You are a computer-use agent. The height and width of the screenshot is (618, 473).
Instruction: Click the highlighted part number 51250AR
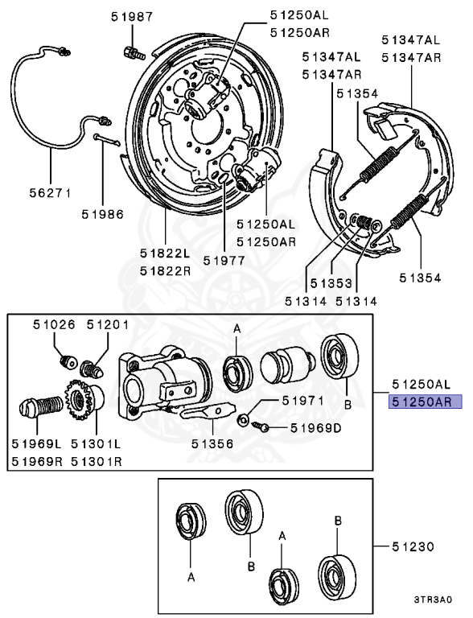point(425,402)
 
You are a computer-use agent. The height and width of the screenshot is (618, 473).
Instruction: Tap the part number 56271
point(51,193)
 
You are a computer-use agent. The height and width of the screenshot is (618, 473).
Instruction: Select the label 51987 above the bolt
point(132,17)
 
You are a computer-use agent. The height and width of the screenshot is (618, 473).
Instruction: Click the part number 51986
point(102,214)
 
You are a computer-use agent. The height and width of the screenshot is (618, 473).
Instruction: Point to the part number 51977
point(224,260)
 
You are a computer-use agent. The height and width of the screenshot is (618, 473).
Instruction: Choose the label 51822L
point(165,253)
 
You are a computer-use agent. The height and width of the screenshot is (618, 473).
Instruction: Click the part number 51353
point(331,283)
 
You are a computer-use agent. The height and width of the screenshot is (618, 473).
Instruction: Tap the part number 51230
point(413,546)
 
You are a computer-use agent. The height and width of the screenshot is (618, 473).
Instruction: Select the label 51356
point(212,444)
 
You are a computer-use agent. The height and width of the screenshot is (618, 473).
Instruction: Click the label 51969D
point(315,427)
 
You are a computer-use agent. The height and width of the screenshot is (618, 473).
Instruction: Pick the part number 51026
point(54,324)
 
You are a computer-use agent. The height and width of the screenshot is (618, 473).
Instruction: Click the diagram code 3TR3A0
point(433,599)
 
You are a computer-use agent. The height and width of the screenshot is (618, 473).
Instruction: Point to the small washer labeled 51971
point(243,419)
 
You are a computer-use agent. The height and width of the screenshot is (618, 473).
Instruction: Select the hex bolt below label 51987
point(134,53)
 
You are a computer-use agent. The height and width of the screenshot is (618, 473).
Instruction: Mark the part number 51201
point(108,324)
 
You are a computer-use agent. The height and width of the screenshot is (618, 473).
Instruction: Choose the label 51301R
point(97,461)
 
